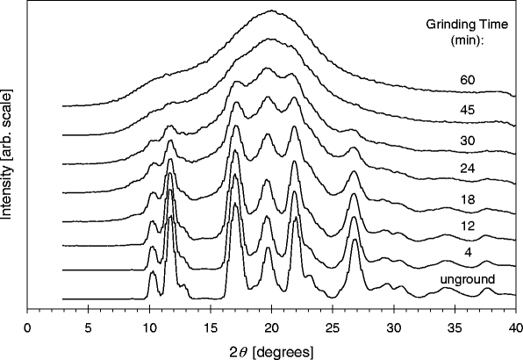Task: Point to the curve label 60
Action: [467, 80]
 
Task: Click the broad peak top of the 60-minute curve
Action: [272, 11]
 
